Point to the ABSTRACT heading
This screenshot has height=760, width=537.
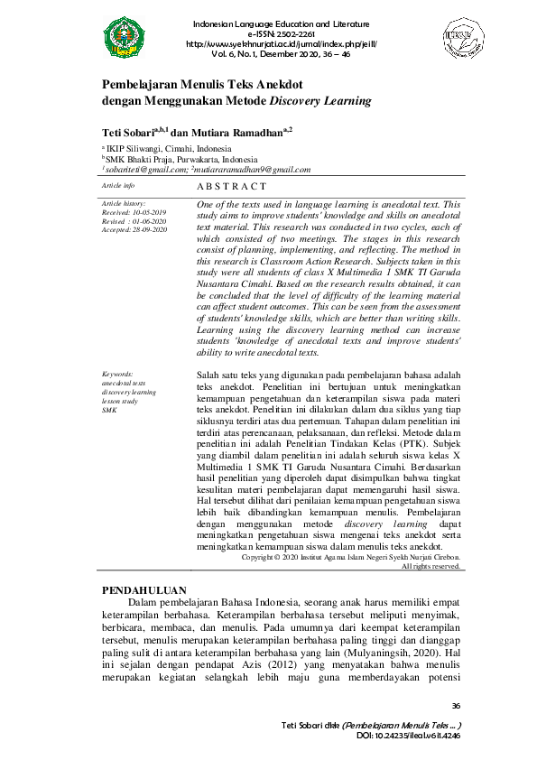(231, 186)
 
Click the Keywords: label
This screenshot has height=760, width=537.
(118, 373)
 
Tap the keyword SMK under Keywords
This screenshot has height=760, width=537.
(109, 409)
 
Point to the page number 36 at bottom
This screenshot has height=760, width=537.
(455, 706)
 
